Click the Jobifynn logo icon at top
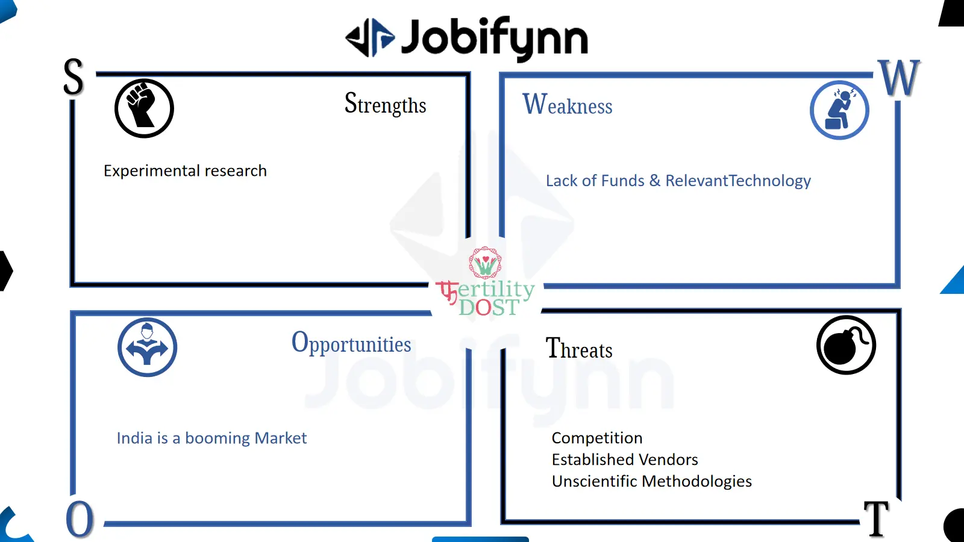click(x=370, y=37)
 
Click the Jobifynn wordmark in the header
click(x=495, y=39)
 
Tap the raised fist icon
click(x=144, y=108)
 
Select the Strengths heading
click(x=385, y=104)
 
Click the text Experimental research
click(x=185, y=171)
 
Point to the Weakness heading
click(x=567, y=105)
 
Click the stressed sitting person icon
click(x=839, y=110)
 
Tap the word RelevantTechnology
click(x=738, y=181)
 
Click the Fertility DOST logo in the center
click(x=486, y=282)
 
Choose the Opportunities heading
click(x=351, y=343)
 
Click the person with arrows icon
click(x=147, y=347)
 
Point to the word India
click(x=134, y=438)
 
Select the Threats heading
click(x=579, y=348)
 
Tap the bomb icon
click(x=846, y=345)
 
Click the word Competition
click(x=597, y=438)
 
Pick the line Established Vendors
click(x=625, y=459)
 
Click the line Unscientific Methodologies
click(x=651, y=481)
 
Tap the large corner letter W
click(x=899, y=78)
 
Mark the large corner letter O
click(x=80, y=519)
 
